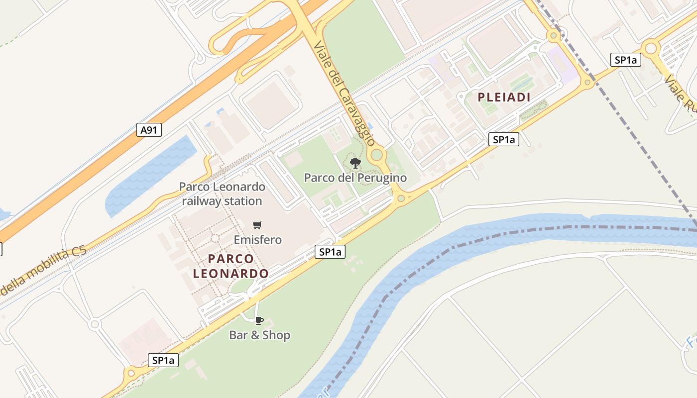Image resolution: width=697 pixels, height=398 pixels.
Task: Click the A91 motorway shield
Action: pyautogui.click(x=149, y=130)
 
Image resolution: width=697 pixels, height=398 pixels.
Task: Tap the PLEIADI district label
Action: pyautogui.click(x=504, y=98)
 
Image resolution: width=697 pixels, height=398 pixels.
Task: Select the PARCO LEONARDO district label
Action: pyautogui.click(x=231, y=266)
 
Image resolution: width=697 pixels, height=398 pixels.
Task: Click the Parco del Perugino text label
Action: pyautogui.click(x=355, y=178)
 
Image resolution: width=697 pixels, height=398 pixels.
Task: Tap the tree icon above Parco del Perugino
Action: pyautogui.click(x=355, y=163)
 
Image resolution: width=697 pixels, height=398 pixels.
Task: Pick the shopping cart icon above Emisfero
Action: pyautogui.click(x=257, y=225)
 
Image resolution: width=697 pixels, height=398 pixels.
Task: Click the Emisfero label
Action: pyautogui.click(x=258, y=240)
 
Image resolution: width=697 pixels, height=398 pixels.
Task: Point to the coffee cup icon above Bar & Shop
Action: pyautogui.click(x=259, y=320)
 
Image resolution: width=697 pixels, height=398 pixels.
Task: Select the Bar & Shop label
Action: pyautogui.click(x=259, y=335)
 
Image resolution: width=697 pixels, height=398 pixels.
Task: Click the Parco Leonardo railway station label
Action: pyautogui.click(x=222, y=194)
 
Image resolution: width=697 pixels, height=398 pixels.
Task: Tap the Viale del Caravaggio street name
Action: pyautogui.click(x=344, y=93)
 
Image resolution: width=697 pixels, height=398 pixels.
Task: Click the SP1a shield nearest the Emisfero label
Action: pyautogui.click(x=330, y=252)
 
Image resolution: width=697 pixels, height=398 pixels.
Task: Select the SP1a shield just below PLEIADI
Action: pyautogui.click(x=504, y=139)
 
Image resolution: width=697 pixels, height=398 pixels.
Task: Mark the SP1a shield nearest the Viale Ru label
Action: pyautogui.click(x=625, y=60)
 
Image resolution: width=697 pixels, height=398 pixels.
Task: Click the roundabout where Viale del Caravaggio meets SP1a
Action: pyautogui.click(x=401, y=199)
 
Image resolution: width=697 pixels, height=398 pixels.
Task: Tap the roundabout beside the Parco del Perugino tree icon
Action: pyautogui.click(x=377, y=155)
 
